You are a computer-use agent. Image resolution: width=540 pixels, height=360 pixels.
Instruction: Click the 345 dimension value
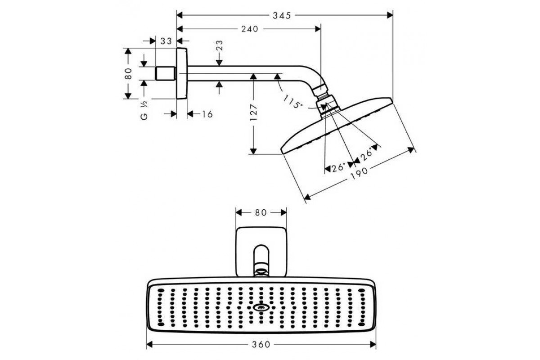coord(284,15)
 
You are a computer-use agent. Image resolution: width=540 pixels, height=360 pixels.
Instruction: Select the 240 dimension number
coord(249,29)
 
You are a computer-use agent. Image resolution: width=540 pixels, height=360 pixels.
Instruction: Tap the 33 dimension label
coord(166,41)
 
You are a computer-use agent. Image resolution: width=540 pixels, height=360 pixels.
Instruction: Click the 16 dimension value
coord(207,114)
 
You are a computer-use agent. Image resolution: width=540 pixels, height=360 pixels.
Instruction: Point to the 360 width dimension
coord(261,345)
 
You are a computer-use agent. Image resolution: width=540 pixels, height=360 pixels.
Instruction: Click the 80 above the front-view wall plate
coord(261,212)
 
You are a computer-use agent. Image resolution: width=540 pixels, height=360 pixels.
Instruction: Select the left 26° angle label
coord(338,167)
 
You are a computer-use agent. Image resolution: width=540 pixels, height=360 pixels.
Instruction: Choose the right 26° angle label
coord(367,153)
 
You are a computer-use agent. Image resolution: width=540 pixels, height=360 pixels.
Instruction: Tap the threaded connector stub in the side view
coord(165,73)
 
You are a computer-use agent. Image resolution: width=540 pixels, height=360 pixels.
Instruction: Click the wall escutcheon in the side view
coord(181,73)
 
